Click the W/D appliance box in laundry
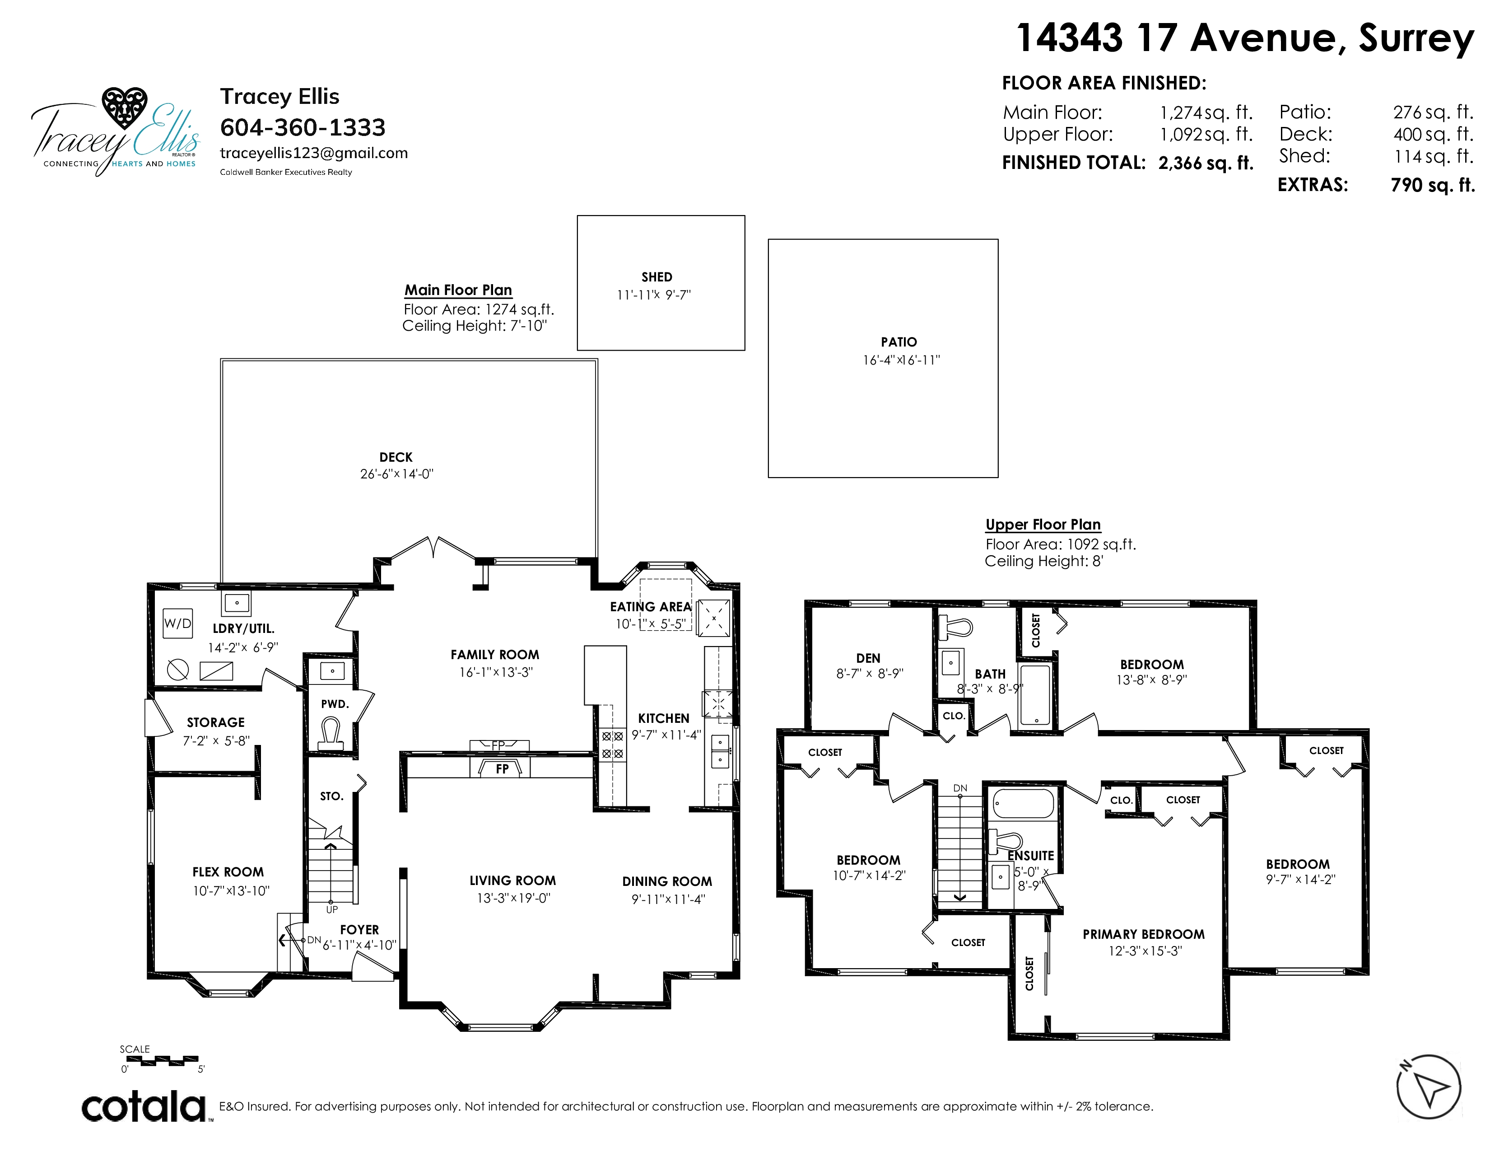tap(178, 623)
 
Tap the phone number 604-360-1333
tap(303, 127)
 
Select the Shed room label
tap(657, 277)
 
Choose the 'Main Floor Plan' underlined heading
tap(458, 290)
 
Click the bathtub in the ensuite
tap(1023, 803)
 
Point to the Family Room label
tap(494, 655)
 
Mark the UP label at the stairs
tap(331, 910)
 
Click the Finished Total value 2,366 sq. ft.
tap(1206, 163)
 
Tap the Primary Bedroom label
tap(1143, 934)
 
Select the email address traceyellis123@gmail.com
tap(314, 154)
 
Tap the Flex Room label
tap(228, 872)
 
